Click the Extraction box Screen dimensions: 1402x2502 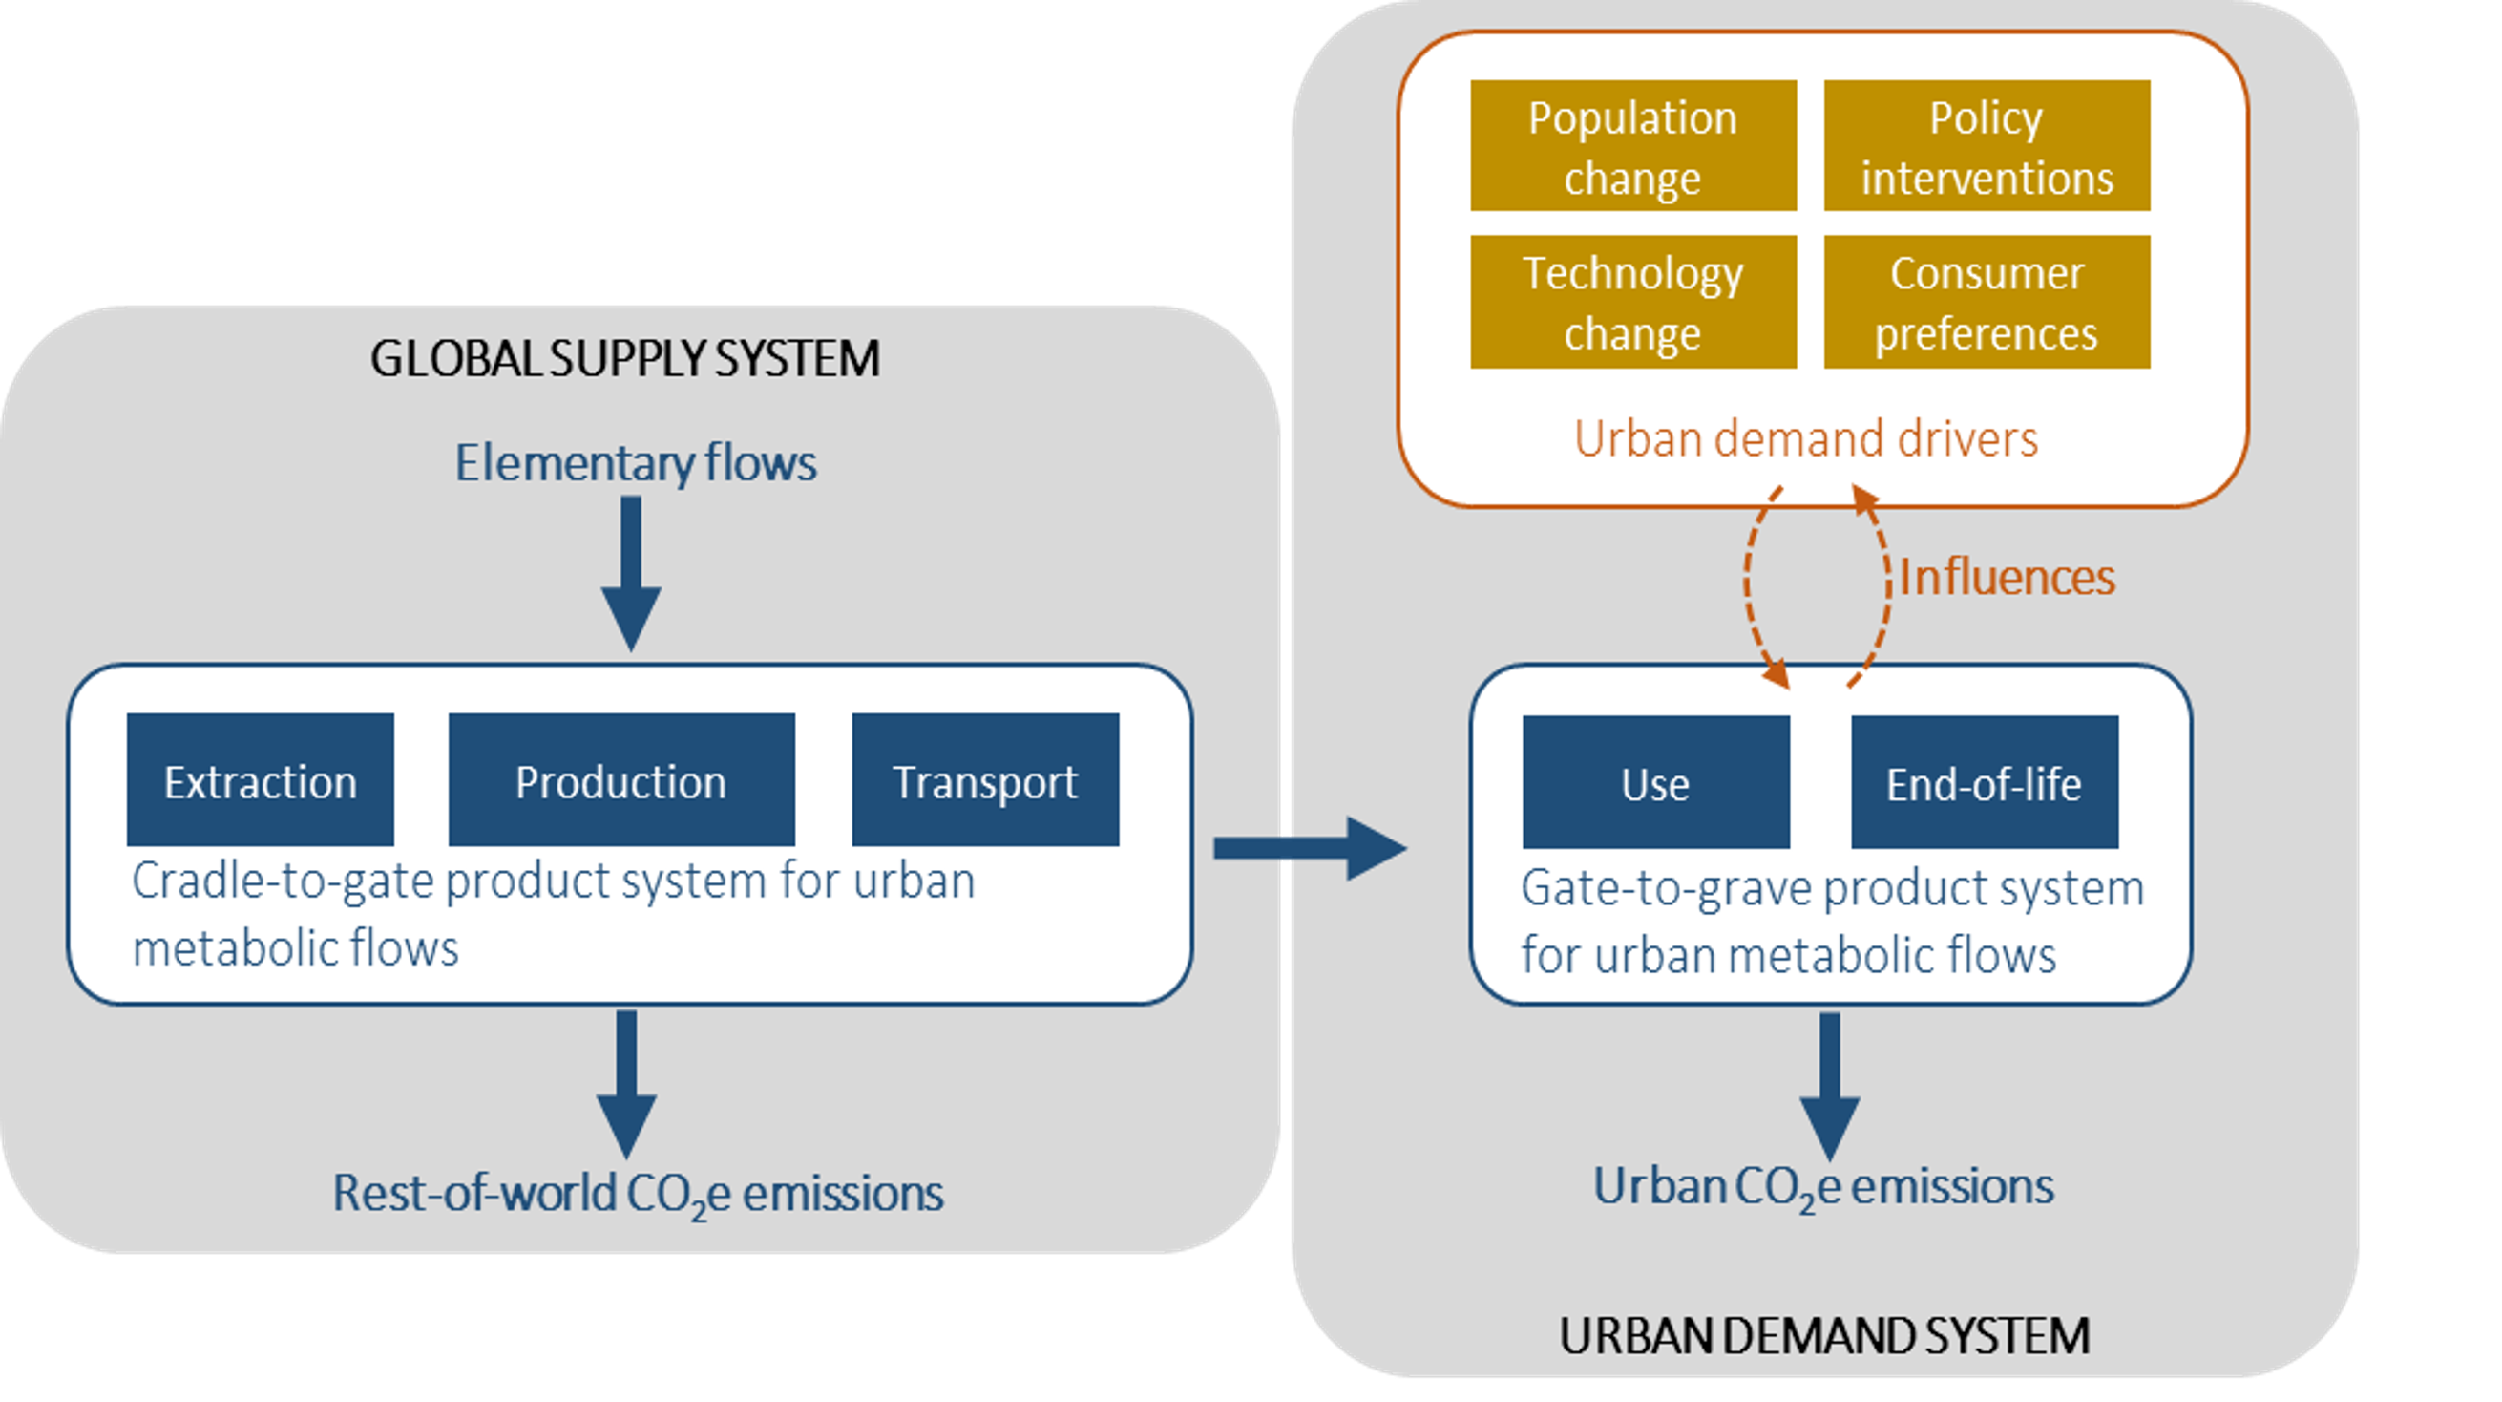[x=261, y=780]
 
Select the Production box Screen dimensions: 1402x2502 [x=621, y=780]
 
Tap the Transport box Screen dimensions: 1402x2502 [x=985, y=780]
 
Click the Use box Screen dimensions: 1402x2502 [x=1655, y=782]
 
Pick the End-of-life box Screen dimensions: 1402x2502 [x=1984, y=782]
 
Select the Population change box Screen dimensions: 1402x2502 [x=1632, y=146]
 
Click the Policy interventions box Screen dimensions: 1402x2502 [x=1987, y=146]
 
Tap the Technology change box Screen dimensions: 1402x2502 [x=1632, y=302]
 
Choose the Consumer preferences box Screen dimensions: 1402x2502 [x=1987, y=302]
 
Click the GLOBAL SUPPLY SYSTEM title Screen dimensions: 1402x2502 [x=625, y=358]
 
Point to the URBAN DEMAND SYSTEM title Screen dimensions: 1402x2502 [x=1824, y=1336]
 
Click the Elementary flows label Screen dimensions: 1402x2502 [x=635, y=462]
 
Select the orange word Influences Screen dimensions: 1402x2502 [x=2007, y=577]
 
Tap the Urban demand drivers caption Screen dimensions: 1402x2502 [x=1805, y=438]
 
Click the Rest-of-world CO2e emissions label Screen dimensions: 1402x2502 [x=637, y=1194]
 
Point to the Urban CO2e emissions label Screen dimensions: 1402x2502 [x=1823, y=1187]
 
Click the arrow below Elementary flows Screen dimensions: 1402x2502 [x=631, y=573]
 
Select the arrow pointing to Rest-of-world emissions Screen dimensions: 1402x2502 [x=626, y=1083]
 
